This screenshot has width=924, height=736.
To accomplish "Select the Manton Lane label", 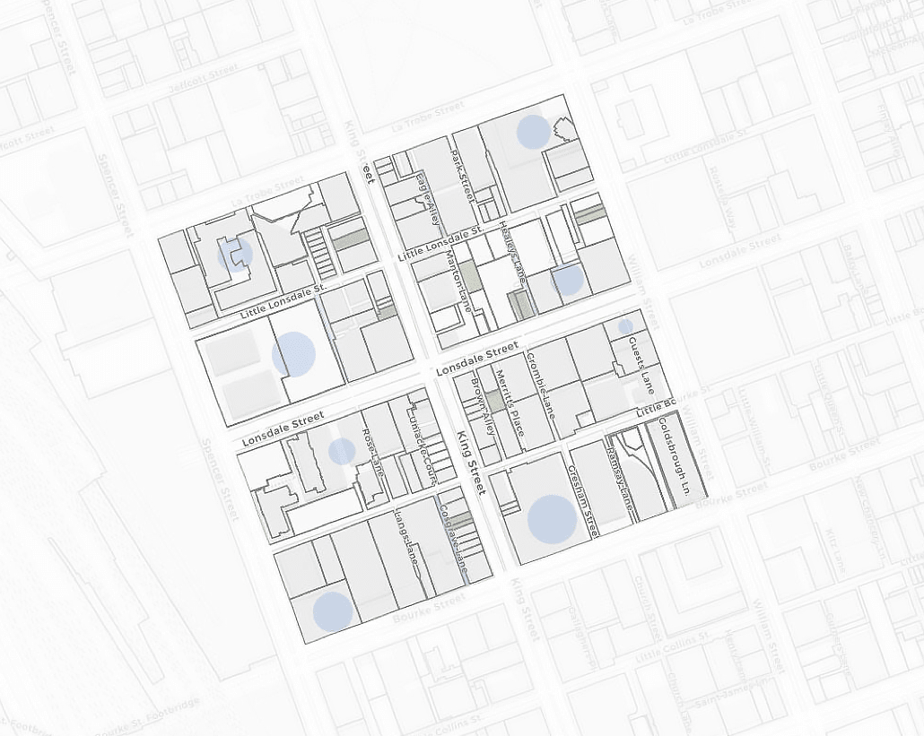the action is pos(458,278).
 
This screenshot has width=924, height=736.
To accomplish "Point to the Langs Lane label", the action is pos(407,538).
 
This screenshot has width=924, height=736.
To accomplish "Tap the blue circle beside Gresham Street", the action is pos(551,518).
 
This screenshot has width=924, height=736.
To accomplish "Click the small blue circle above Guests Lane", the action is pos(625,326).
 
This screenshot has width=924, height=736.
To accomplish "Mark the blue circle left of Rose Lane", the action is pos(342,451).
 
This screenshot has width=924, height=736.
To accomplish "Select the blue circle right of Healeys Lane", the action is pos(568,281).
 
